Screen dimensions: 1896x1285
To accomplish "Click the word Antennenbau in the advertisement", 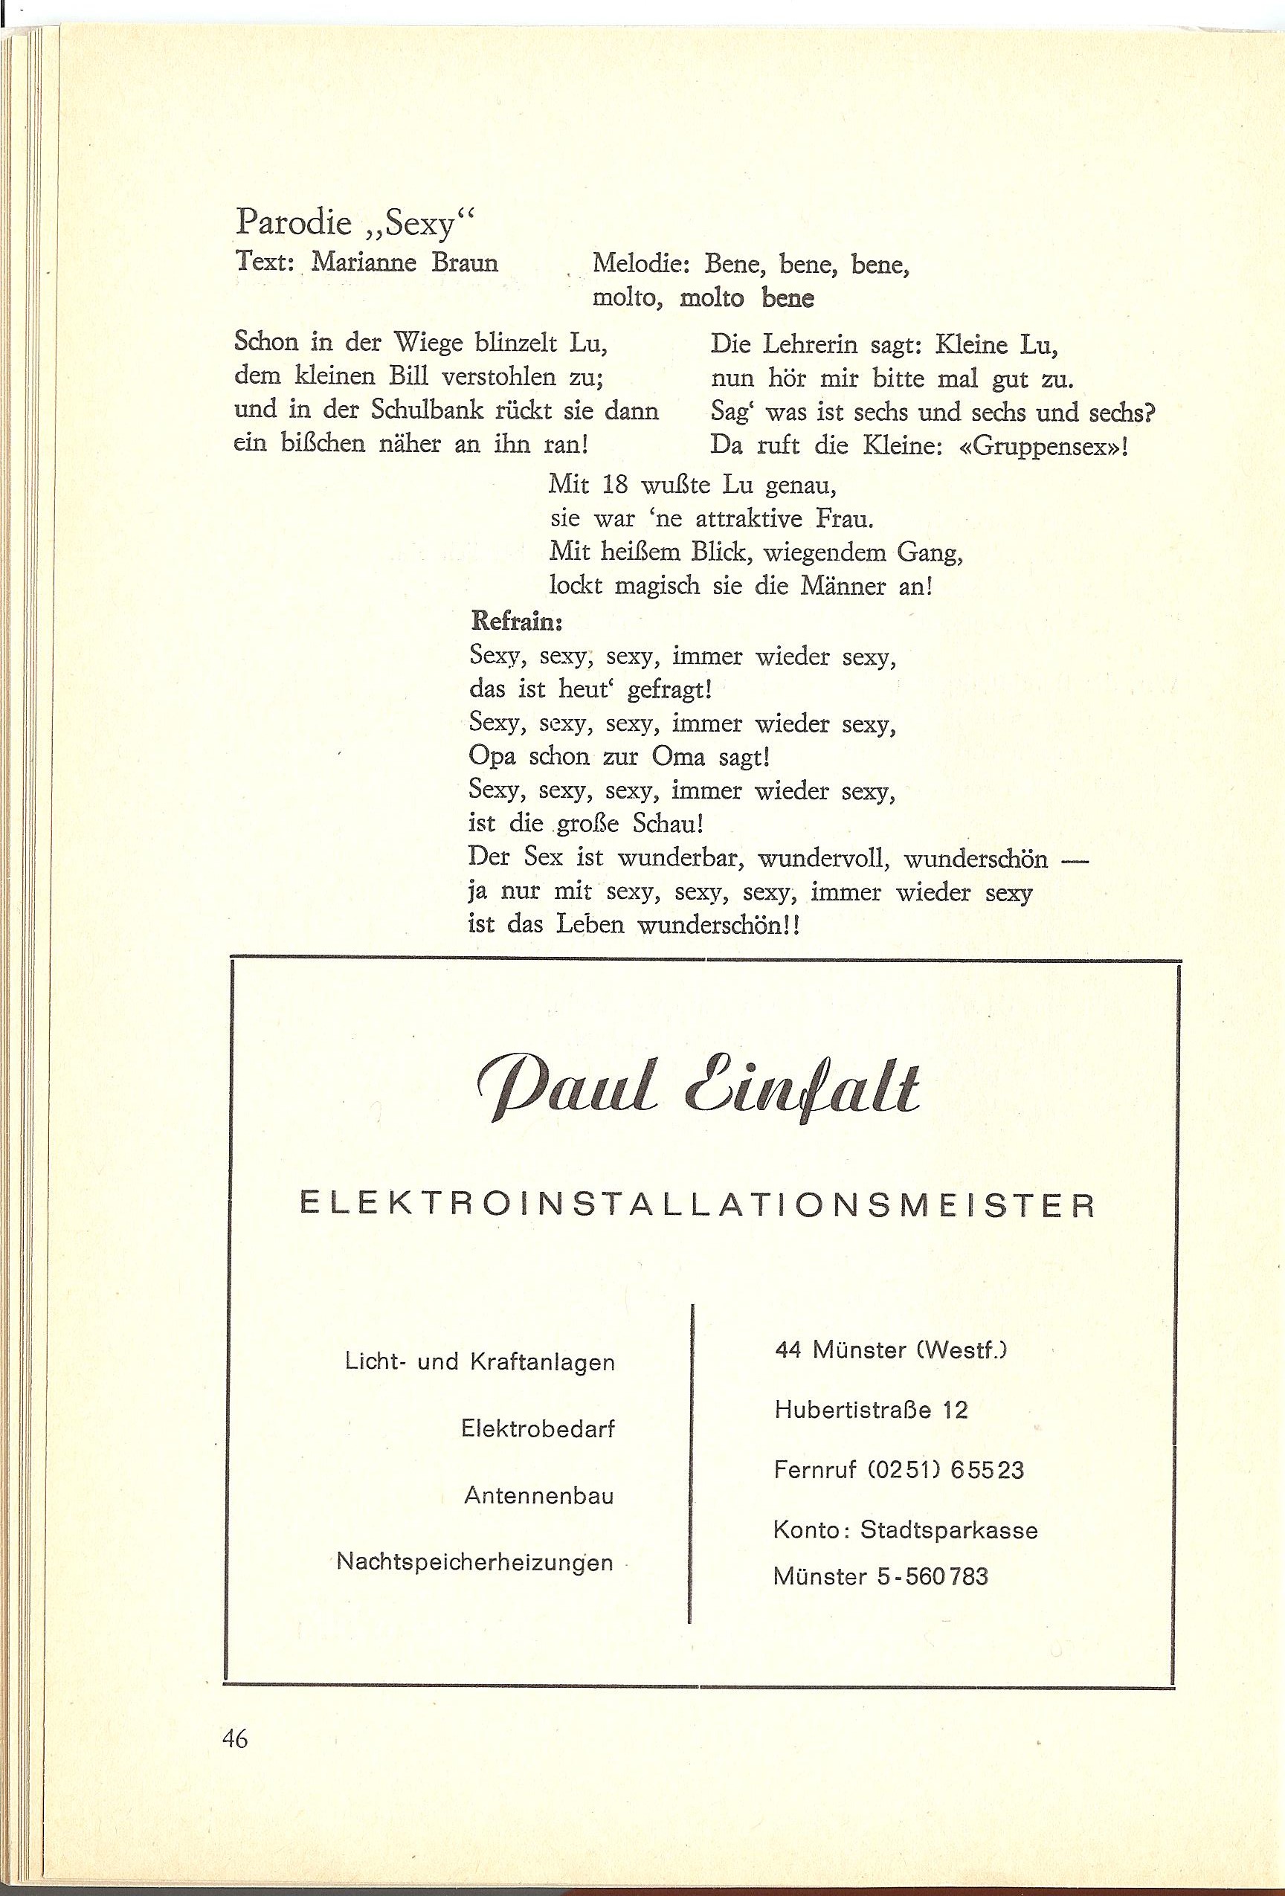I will coord(538,1496).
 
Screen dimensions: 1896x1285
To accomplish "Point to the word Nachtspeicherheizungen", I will coord(475,1563).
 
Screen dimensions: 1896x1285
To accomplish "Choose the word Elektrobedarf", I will coord(538,1429).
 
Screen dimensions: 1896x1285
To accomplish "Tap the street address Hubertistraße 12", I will coord(871,1410).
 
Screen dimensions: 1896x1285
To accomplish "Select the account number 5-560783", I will coord(933,1576).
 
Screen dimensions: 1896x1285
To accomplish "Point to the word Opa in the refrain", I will coord(495,758).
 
